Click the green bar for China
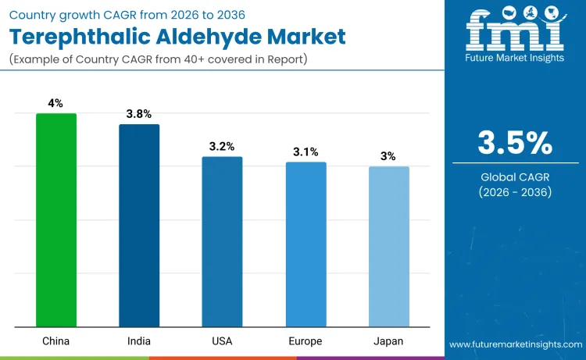point(56,220)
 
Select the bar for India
point(139,226)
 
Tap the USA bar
point(223,242)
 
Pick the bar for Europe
point(306,244)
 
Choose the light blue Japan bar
point(388,247)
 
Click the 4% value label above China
point(56,102)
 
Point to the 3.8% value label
point(139,114)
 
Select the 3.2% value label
point(223,146)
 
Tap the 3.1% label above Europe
point(306,151)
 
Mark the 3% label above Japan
point(388,156)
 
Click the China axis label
point(56,341)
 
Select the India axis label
point(139,341)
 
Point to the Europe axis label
point(306,341)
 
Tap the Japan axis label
point(388,341)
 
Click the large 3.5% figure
point(515,143)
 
